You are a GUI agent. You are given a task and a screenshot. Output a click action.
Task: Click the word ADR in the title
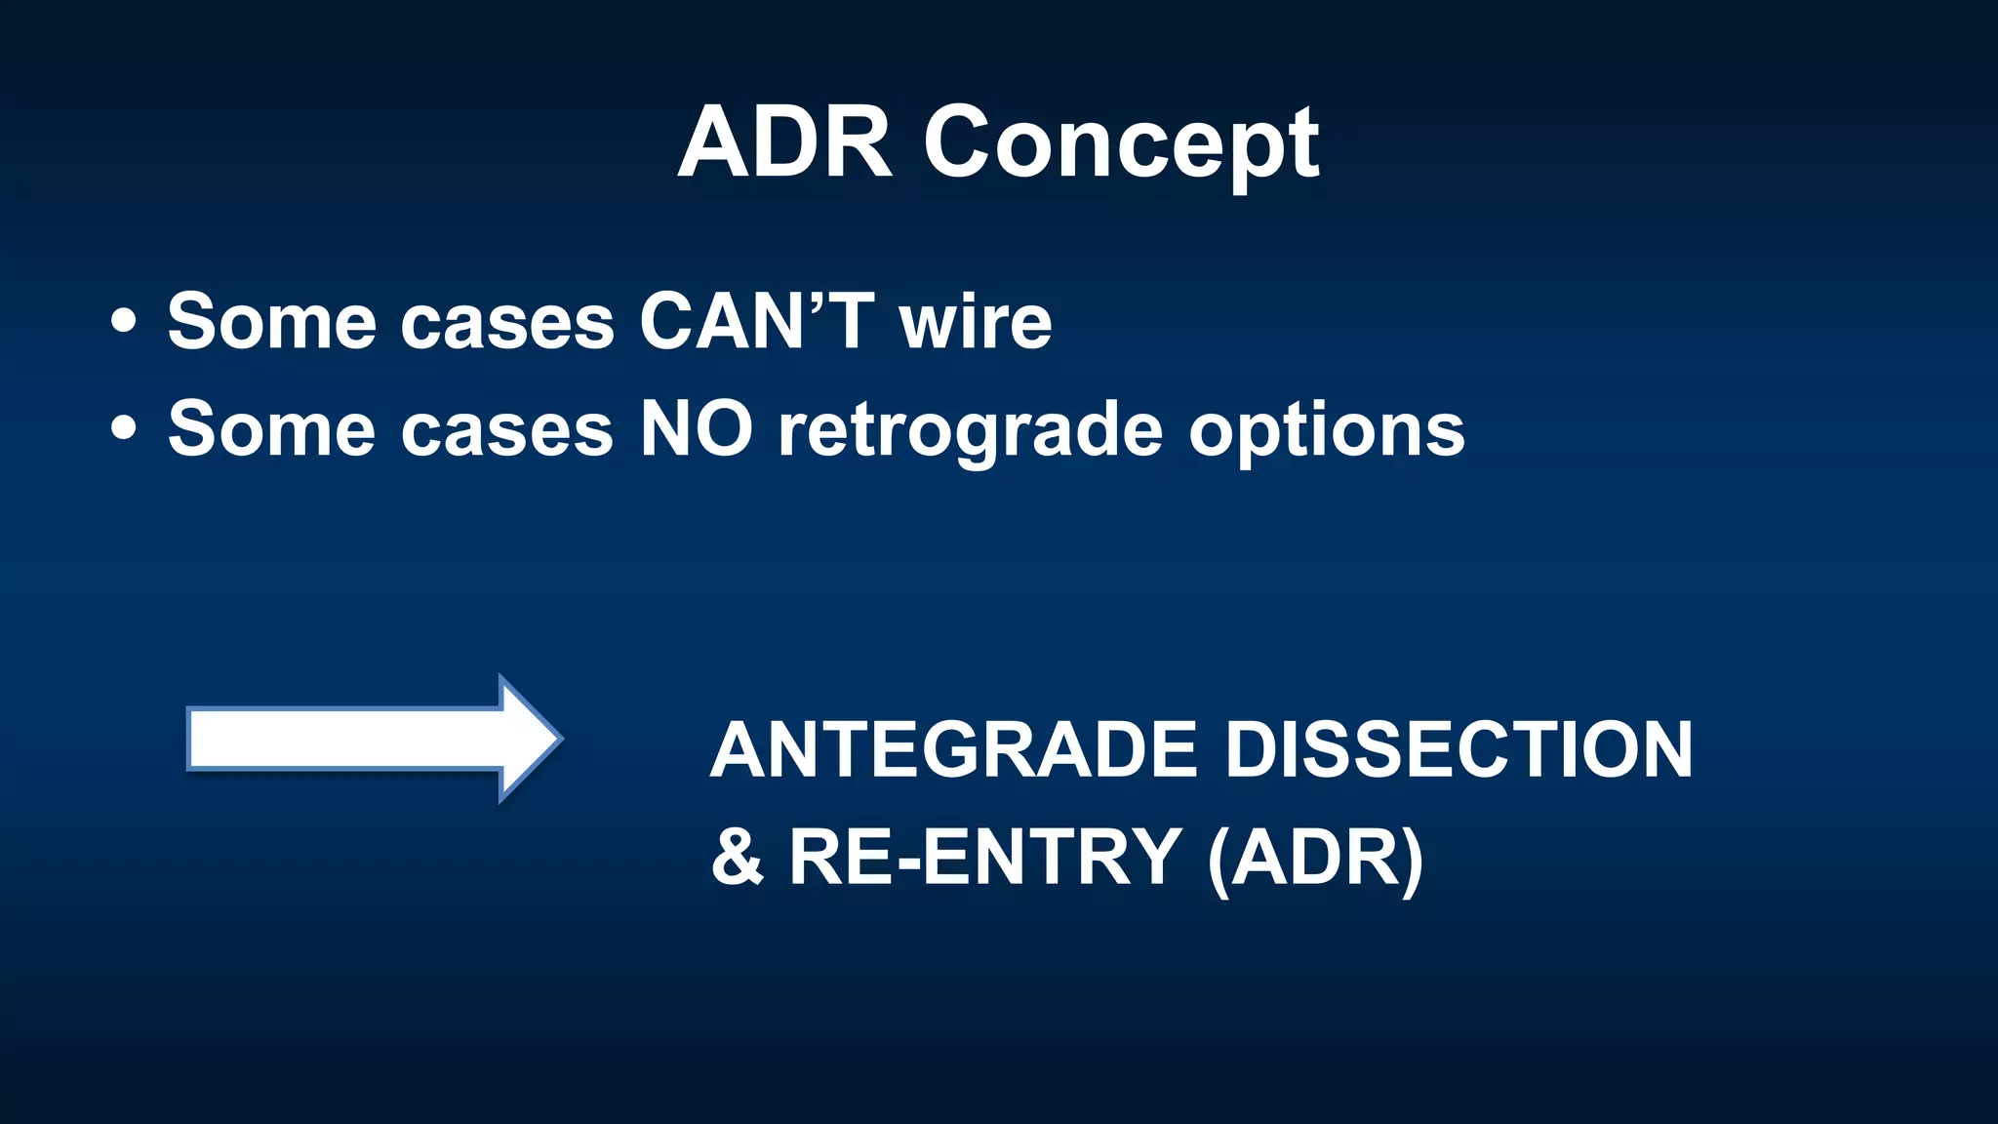(784, 143)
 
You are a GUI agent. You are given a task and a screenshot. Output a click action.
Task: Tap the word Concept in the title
(1121, 146)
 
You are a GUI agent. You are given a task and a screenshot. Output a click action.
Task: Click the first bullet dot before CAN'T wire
(124, 321)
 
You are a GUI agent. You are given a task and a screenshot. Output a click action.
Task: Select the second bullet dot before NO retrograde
(124, 428)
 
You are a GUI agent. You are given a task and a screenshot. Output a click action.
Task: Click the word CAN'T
(756, 321)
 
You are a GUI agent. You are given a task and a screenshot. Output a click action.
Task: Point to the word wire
(976, 321)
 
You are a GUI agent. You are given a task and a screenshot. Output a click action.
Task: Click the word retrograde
(971, 432)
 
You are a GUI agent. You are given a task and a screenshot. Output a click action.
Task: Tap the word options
(1327, 432)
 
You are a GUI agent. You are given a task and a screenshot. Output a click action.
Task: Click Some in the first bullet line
(271, 321)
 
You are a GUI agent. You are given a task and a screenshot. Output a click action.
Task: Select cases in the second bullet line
(506, 430)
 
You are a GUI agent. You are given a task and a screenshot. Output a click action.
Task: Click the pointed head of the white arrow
(532, 739)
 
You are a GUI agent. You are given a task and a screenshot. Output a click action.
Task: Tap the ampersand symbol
(737, 856)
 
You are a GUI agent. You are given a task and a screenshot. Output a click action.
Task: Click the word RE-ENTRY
(985, 856)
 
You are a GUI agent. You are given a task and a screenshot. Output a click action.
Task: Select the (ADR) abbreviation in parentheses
(1315, 858)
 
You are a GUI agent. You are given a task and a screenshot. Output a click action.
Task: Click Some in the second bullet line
(271, 428)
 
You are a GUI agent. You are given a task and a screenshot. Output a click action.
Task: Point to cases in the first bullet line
(506, 323)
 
